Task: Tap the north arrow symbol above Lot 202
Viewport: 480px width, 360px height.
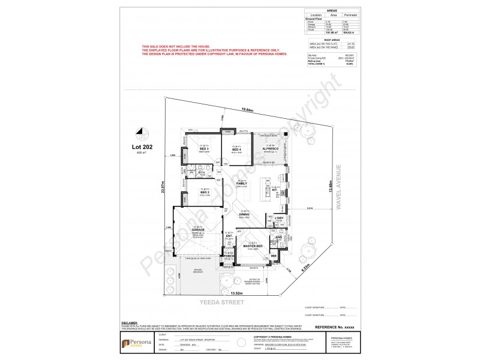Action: [x=141, y=131]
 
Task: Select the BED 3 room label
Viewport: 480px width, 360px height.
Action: [x=204, y=149]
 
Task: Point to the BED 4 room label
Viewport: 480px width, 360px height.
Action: [x=236, y=149]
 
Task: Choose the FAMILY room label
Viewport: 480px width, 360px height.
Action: [x=242, y=184]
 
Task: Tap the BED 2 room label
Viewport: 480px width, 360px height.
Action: [x=204, y=192]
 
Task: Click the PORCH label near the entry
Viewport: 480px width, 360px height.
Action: [x=229, y=256]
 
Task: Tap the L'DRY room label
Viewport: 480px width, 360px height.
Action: [x=280, y=218]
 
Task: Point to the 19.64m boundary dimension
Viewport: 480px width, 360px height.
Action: [x=248, y=110]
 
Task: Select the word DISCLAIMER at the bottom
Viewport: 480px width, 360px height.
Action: [x=130, y=322]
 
